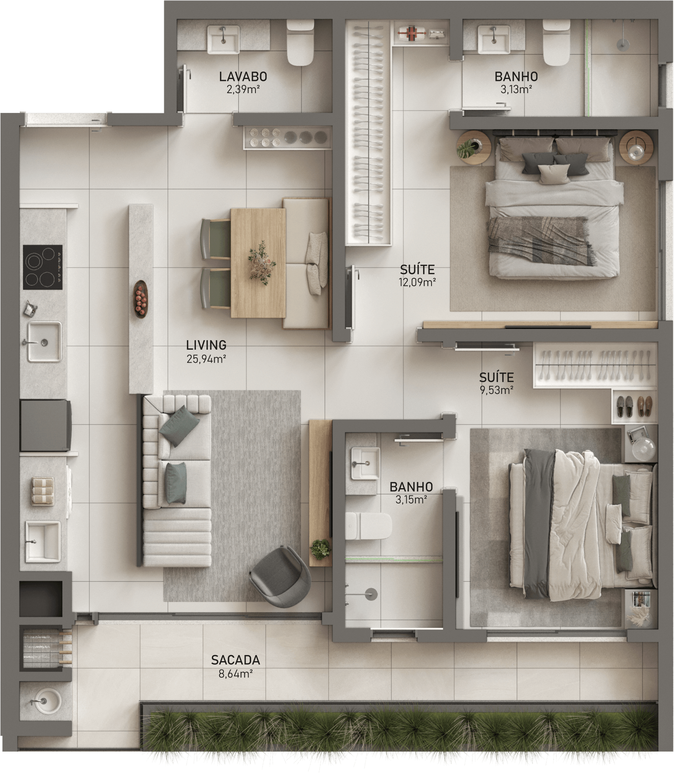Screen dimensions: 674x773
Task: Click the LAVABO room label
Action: pos(243,76)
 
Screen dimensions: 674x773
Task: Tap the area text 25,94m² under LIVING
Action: pos(206,359)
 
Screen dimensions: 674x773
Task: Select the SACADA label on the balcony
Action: pos(235,660)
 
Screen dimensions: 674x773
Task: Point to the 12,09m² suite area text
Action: pos(417,282)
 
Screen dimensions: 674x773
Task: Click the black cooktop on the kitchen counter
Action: pos(43,267)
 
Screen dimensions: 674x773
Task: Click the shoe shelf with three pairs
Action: pos(635,407)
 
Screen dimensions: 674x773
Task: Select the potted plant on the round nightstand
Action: pos(468,147)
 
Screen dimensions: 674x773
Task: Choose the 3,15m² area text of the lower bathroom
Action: pos(411,500)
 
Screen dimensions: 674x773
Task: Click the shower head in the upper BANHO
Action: pos(622,43)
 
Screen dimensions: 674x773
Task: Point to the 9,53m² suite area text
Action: pos(496,390)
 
